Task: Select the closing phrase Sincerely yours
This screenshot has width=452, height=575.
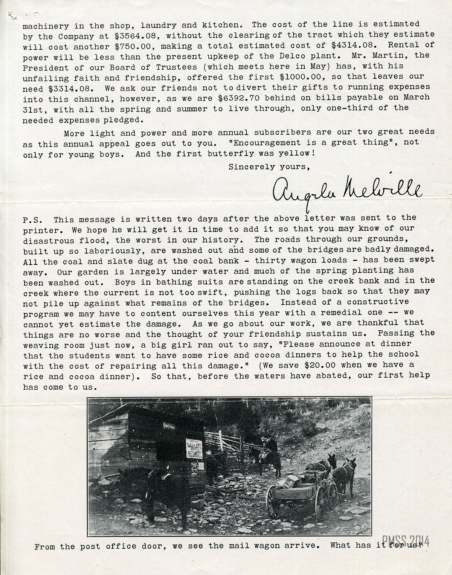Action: click(269, 167)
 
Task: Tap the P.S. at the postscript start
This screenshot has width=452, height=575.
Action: click(33, 220)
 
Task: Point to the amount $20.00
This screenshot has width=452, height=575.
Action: click(341, 365)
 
